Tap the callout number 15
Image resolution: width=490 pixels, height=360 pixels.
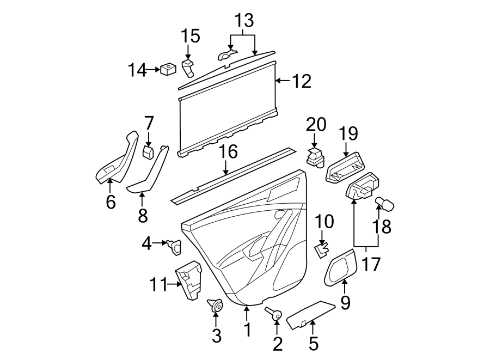pos(191,36)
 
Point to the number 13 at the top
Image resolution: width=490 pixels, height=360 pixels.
pos(244,22)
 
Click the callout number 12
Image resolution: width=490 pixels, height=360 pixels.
pos(301,82)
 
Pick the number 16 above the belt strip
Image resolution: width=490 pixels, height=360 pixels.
pos(229,152)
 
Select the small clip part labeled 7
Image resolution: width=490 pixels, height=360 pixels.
pos(148,151)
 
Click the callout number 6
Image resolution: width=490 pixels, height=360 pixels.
pos(111,202)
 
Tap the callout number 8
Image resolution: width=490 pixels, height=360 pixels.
pos(143,216)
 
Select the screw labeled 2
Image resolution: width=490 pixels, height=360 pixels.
pos(274,314)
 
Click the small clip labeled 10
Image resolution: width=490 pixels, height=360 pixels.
pos(322,249)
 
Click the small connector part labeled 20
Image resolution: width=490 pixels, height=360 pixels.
pos(315,157)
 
